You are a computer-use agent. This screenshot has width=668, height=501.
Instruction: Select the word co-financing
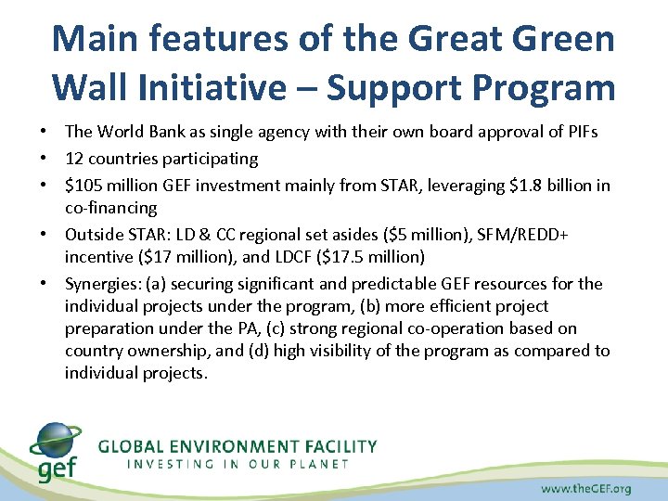click(110, 207)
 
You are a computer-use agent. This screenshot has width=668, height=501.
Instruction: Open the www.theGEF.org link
click(586, 487)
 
